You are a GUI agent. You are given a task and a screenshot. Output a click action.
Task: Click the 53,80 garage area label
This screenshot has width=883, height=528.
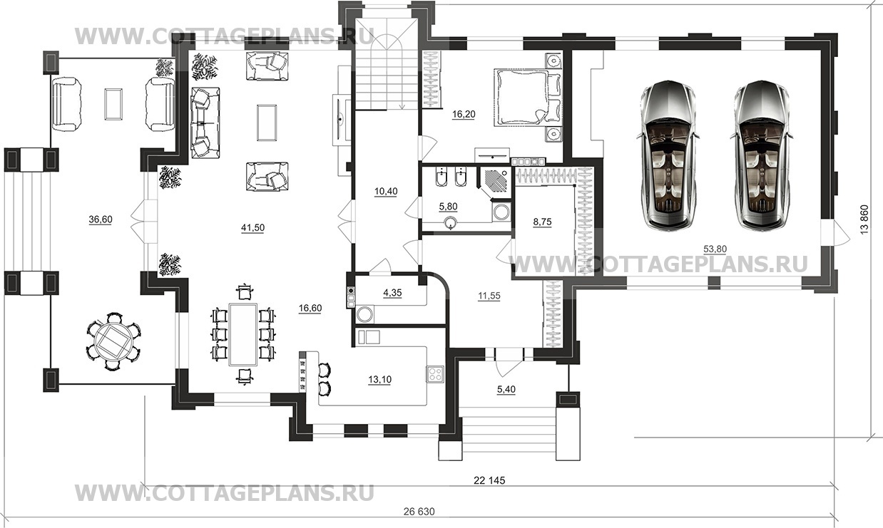pos(715,249)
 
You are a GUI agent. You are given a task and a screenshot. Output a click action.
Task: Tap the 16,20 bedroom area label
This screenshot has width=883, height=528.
pos(464,114)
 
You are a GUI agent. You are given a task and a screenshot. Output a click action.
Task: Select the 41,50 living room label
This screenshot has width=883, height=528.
pos(252,227)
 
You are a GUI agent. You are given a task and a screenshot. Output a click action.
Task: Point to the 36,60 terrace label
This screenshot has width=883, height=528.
pos(101,219)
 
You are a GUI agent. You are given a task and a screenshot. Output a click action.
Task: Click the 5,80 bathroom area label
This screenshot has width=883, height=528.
pos(448,207)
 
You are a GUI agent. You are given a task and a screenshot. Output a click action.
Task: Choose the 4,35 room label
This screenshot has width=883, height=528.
pos(392,293)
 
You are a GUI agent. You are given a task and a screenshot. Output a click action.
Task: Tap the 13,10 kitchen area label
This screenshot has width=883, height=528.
pos(379,380)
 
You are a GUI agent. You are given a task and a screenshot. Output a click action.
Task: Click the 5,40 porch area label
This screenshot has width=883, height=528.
pos(506,389)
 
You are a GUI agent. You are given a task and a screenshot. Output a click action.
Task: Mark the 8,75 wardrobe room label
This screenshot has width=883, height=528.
pos(542,222)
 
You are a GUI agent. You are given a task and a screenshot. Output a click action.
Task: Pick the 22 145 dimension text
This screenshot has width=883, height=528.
pos(489,480)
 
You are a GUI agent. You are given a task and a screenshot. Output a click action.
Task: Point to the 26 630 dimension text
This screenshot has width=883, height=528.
pos(419,512)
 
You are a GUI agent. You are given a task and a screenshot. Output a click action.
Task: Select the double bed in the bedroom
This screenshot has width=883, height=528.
pos(528,97)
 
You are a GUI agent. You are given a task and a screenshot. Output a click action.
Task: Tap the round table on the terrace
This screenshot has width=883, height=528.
pos(113,341)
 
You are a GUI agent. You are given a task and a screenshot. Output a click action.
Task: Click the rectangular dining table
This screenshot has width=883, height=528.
pos(244,334)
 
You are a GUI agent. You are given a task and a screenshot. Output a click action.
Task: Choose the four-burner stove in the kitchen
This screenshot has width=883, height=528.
pos(435,374)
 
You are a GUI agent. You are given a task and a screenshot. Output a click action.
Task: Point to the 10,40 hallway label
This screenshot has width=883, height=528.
pos(386,192)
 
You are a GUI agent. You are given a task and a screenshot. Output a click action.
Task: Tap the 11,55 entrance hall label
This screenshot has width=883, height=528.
pos(489,296)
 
